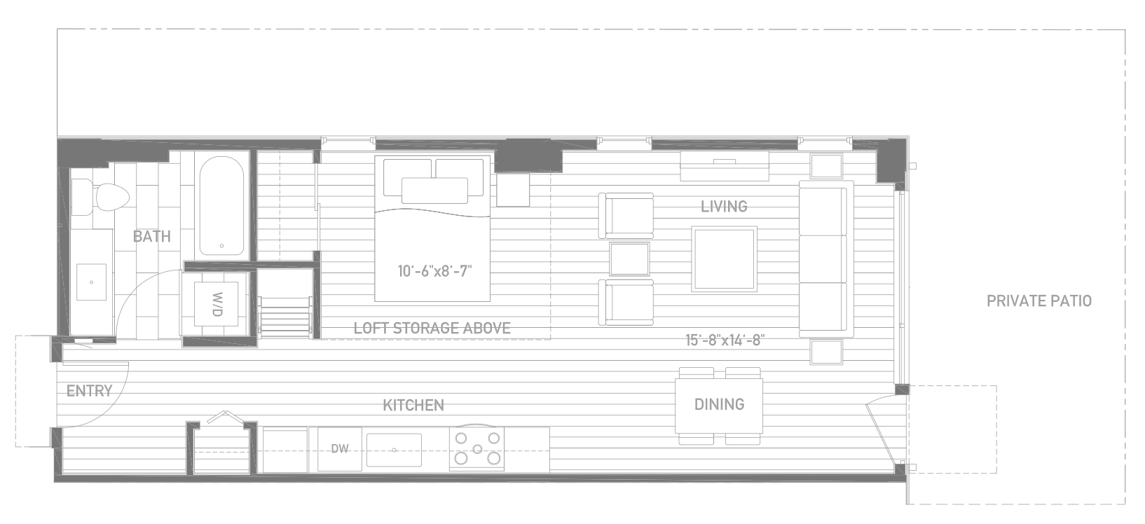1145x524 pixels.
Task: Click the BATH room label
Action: [x=151, y=236]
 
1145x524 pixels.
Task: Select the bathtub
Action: [x=221, y=206]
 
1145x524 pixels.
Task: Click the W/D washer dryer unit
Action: [x=217, y=304]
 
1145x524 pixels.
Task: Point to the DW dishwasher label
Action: [x=339, y=449]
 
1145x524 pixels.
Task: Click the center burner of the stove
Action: [x=477, y=449]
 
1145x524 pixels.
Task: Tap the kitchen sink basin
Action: [x=394, y=450]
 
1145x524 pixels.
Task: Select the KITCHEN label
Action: [x=413, y=406]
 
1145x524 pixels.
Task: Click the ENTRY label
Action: [x=89, y=391]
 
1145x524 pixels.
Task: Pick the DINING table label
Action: [x=719, y=404]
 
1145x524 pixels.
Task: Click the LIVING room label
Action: [x=724, y=207]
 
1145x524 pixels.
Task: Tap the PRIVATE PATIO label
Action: [x=1038, y=301]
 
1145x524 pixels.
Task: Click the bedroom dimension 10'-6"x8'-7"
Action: [x=434, y=270]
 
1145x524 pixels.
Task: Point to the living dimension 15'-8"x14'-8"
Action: [x=725, y=340]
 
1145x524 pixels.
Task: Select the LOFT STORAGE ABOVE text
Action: [x=432, y=329]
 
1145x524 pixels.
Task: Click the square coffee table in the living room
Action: [x=724, y=258]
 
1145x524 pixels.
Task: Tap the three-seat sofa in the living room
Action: [x=826, y=258]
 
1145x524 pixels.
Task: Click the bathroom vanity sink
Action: [x=92, y=282]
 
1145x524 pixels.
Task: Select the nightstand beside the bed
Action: [x=513, y=190]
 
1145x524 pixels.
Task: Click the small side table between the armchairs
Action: [x=629, y=259]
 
